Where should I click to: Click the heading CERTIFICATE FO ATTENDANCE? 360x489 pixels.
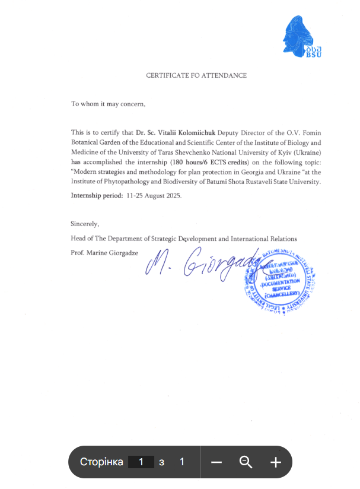196,75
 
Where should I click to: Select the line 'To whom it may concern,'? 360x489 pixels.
108,104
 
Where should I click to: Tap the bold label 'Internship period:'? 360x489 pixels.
97,195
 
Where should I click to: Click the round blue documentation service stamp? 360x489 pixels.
278,279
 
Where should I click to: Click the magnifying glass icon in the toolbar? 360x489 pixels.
246,462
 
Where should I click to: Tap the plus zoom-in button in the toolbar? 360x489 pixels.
275,462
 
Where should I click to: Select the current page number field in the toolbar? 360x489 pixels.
141,462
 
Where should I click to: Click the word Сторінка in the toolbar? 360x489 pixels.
101,462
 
